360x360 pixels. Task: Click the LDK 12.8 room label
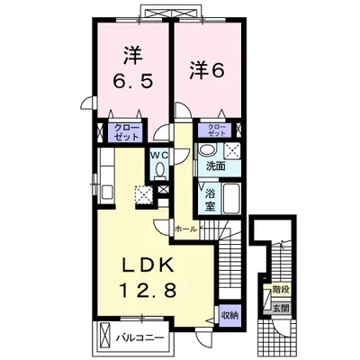(x=148, y=278)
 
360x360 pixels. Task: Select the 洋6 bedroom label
(x=207, y=71)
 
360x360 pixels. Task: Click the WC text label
(x=160, y=155)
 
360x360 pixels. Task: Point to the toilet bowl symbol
(x=160, y=169)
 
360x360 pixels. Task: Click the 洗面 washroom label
(x=216, y=166)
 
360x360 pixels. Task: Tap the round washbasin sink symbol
(x=208, y=149)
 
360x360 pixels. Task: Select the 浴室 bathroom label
(x=210, y=200)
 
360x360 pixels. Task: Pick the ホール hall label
(x=186, y=229)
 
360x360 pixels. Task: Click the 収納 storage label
(x=229, y=315)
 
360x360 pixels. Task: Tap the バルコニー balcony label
(x=140, y=337)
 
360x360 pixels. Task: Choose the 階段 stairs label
(x=281, y=290)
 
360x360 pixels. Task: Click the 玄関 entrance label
(x=281, y=308)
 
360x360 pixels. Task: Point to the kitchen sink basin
(x=107, y=192)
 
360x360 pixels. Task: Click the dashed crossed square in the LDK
(x=144, y=194)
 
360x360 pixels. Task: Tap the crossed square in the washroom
(x=232, y=149)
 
